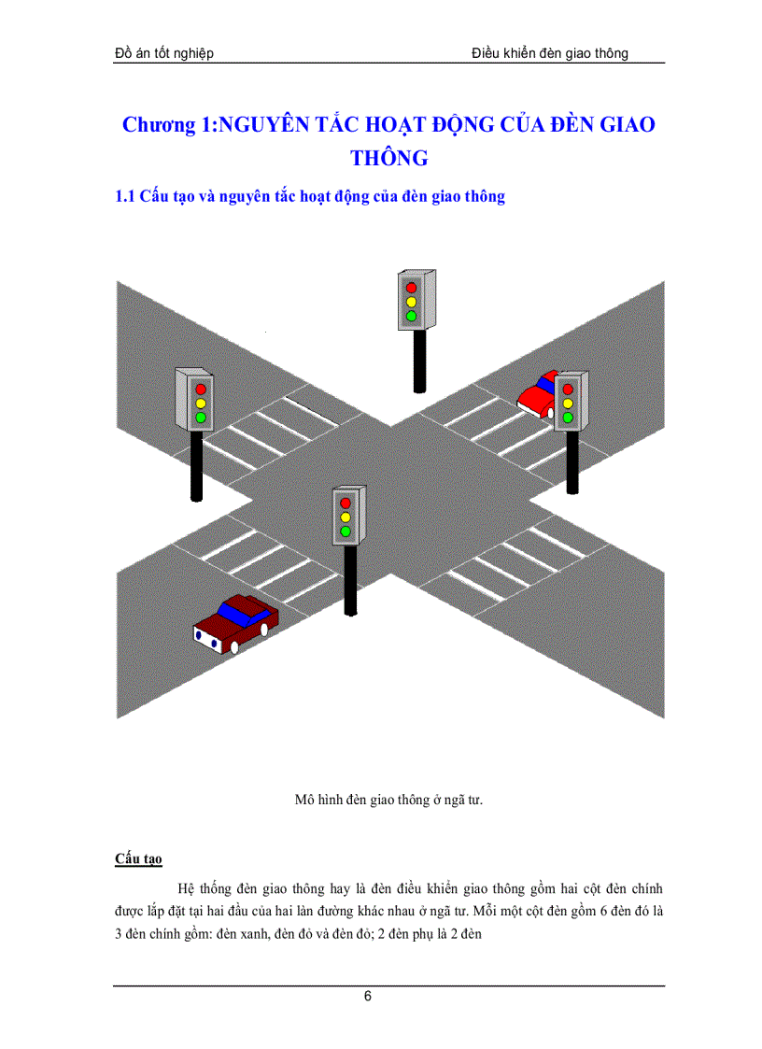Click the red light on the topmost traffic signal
click(x=411, y=288)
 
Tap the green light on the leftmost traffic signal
click(x=200, y=418)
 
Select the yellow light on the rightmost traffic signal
click(x=568, y=404)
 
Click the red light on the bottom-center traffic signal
click(x=346, y=503)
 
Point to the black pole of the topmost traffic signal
click(x=419, y=361)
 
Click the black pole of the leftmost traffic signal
click(x=196, y=466)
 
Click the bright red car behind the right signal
click(x=537, y=395)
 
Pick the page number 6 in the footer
click(x=367, y=996)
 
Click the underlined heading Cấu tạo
click(x=138, y=858)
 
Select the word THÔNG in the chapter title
click(x=389, y=158)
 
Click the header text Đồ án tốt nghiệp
click(x=164, y=53)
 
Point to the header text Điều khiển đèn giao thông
click(x=550, y=53)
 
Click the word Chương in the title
click(x=159, y=124)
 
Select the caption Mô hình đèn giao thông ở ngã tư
click(x=388, y=800)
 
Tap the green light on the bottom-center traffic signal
click(x=346, y=532)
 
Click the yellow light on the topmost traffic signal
click(x=411, y=302)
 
